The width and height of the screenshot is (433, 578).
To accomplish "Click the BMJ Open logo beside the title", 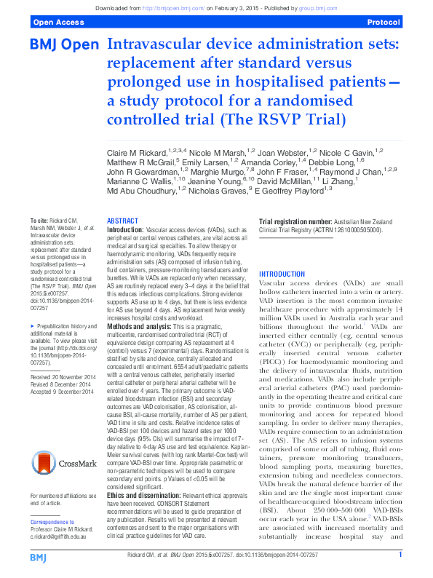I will pos(63,45).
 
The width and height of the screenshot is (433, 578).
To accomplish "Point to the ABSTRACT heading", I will pos(123,221).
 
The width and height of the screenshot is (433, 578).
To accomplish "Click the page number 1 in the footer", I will pos(400,555).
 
